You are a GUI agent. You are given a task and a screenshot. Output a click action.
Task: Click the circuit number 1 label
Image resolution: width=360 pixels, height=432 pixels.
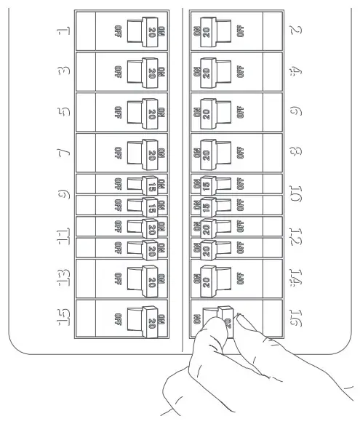click(63, 31)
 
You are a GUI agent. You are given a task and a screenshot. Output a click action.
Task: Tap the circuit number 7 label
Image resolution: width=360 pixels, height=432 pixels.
click(63, 153)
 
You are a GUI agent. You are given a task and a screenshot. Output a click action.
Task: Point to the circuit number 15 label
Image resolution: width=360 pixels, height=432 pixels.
click(63, 318)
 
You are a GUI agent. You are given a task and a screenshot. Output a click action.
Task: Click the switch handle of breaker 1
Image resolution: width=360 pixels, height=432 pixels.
click(145, 31)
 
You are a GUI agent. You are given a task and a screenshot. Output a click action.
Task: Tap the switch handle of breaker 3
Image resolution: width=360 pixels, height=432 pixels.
click(145, 72)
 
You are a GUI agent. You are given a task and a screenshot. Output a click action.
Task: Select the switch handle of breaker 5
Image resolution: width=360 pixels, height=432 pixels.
click(145, 113)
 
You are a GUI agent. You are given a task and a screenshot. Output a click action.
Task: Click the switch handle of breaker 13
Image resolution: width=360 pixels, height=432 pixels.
click(145, 276)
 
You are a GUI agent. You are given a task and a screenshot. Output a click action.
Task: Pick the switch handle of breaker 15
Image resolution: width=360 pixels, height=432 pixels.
click(145, 318)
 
